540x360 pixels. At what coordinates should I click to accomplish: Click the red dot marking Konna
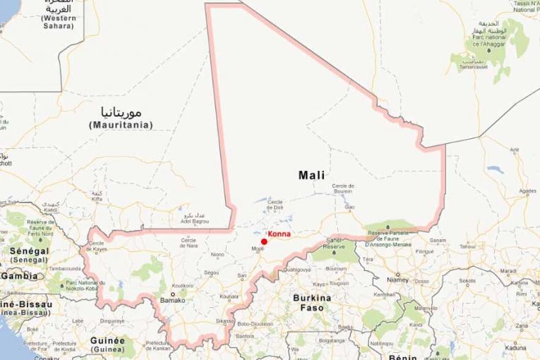coord(264,241)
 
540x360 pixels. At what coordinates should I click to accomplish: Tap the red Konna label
coord(279,234)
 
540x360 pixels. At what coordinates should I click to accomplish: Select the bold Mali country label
coord(312,174)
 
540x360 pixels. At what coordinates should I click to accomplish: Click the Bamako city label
coord(172,300)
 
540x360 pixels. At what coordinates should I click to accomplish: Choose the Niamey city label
coord(398,280)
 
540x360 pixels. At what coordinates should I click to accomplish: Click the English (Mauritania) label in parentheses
coord(121,125)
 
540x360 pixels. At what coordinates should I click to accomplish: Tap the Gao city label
coord(350,207)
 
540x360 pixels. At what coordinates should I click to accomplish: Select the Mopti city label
coord(258,248)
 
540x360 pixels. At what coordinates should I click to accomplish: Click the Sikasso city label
coord(225,320)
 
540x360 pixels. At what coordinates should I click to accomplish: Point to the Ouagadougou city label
coord(299,270)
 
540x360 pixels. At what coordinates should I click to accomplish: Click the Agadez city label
coord(527,191)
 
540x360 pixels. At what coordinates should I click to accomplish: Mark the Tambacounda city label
coord(64,269)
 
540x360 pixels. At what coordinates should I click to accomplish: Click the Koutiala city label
coord(229,296)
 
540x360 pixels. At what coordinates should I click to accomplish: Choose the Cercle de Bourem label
coord(342,188)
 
